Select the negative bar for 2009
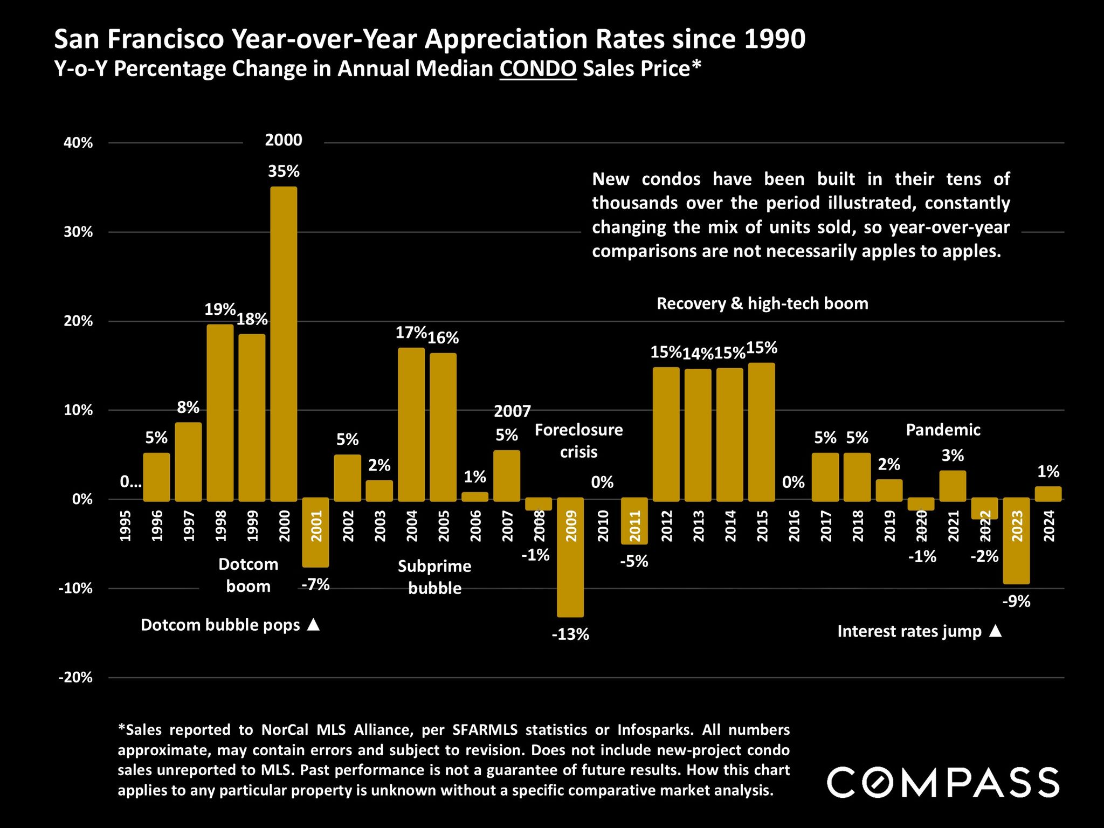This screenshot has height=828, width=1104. (x=570, y=557)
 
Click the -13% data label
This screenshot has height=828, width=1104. (x=570, y=634)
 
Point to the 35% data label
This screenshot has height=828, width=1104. (x=284, y=171)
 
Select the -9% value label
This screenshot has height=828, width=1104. (x=1017, y=601)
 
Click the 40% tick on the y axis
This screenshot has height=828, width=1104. (x=79, y=143)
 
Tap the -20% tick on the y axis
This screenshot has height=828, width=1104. (x=76, y=678)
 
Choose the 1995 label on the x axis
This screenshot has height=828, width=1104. (x=125, y=526)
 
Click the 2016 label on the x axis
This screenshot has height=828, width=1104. (x=794, y=526)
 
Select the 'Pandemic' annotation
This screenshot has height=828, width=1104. (x=943, y=430)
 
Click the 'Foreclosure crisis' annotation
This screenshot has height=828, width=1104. (x=578, y=440)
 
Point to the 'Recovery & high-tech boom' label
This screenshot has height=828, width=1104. (x=762, y=303)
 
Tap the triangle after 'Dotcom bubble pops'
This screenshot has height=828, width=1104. (x=314, y=625)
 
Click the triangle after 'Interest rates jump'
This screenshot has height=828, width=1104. (x=996, y=631)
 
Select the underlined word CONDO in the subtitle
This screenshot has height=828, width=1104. (x=538, y=69)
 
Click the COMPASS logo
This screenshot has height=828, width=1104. (x=943, y=782)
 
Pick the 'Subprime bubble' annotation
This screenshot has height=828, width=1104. (x=434, y=577)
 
